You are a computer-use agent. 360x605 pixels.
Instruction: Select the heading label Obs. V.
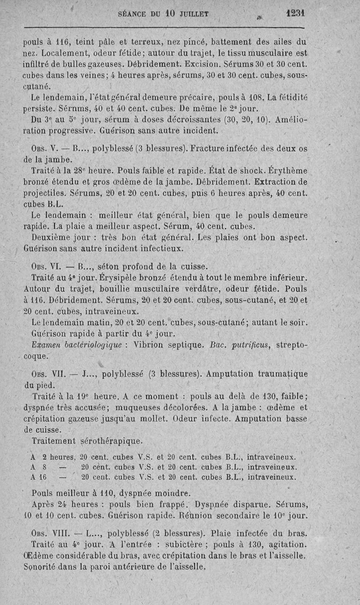(x=44, y=149)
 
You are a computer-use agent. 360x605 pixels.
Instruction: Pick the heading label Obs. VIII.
(x=49, y=534)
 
